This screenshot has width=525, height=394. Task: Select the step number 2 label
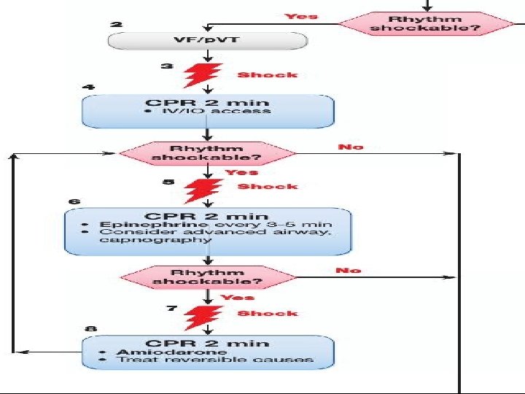pos(115,24)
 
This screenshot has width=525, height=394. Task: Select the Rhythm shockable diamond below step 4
pos(209,153)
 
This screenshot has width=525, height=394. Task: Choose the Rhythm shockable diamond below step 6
pos(209,277)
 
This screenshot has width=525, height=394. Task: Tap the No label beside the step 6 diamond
pos(348,271)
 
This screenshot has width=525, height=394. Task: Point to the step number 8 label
pos(90,329)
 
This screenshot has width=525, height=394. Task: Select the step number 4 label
pos(88,87)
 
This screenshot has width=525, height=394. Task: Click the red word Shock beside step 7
pos(268,314)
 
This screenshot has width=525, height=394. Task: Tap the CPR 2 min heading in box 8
pos(208,343)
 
